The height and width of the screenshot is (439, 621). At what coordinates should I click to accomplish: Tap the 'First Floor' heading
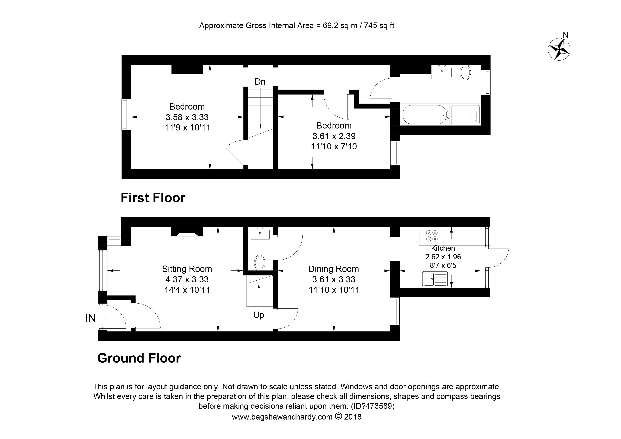click(153, 198)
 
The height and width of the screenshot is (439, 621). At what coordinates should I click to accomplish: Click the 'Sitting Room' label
click(187, 269)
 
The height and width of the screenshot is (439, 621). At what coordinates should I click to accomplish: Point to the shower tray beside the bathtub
click(465, 115)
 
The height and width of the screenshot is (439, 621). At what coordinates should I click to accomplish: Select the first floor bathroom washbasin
click(442, 72)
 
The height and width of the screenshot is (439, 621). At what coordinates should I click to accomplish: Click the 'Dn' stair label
click(260, 82)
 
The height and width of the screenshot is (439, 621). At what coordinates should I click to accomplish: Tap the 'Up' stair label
click(259, 315)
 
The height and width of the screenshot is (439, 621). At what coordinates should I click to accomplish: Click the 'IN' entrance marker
click(91, 318)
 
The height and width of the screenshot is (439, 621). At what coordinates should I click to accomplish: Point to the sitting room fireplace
click(187, 232)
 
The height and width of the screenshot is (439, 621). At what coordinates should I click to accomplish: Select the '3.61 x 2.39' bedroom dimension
click(334, 136)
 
